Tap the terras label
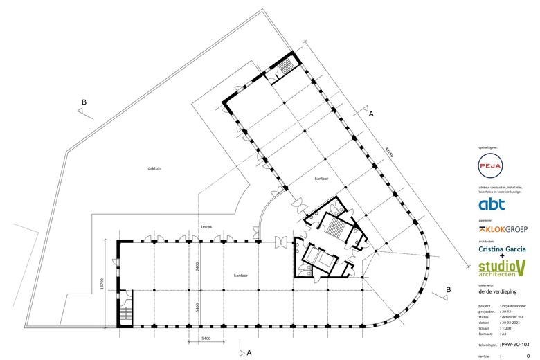pyautogui.click(x=206, y=227)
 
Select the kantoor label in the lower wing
pyautogui.click(x=241, y=275)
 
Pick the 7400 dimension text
pyautogui.click(x=198, y=267)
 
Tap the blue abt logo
pyautogui.click(x=492, y=204)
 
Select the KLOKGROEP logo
pyautogui.click(x=503, y=228)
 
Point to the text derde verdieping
pyautogui.click(x=494, y=291)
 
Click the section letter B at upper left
pyautogui.click(x=84, y=103)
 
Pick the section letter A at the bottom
pyautogui.click(x=249, y=352)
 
